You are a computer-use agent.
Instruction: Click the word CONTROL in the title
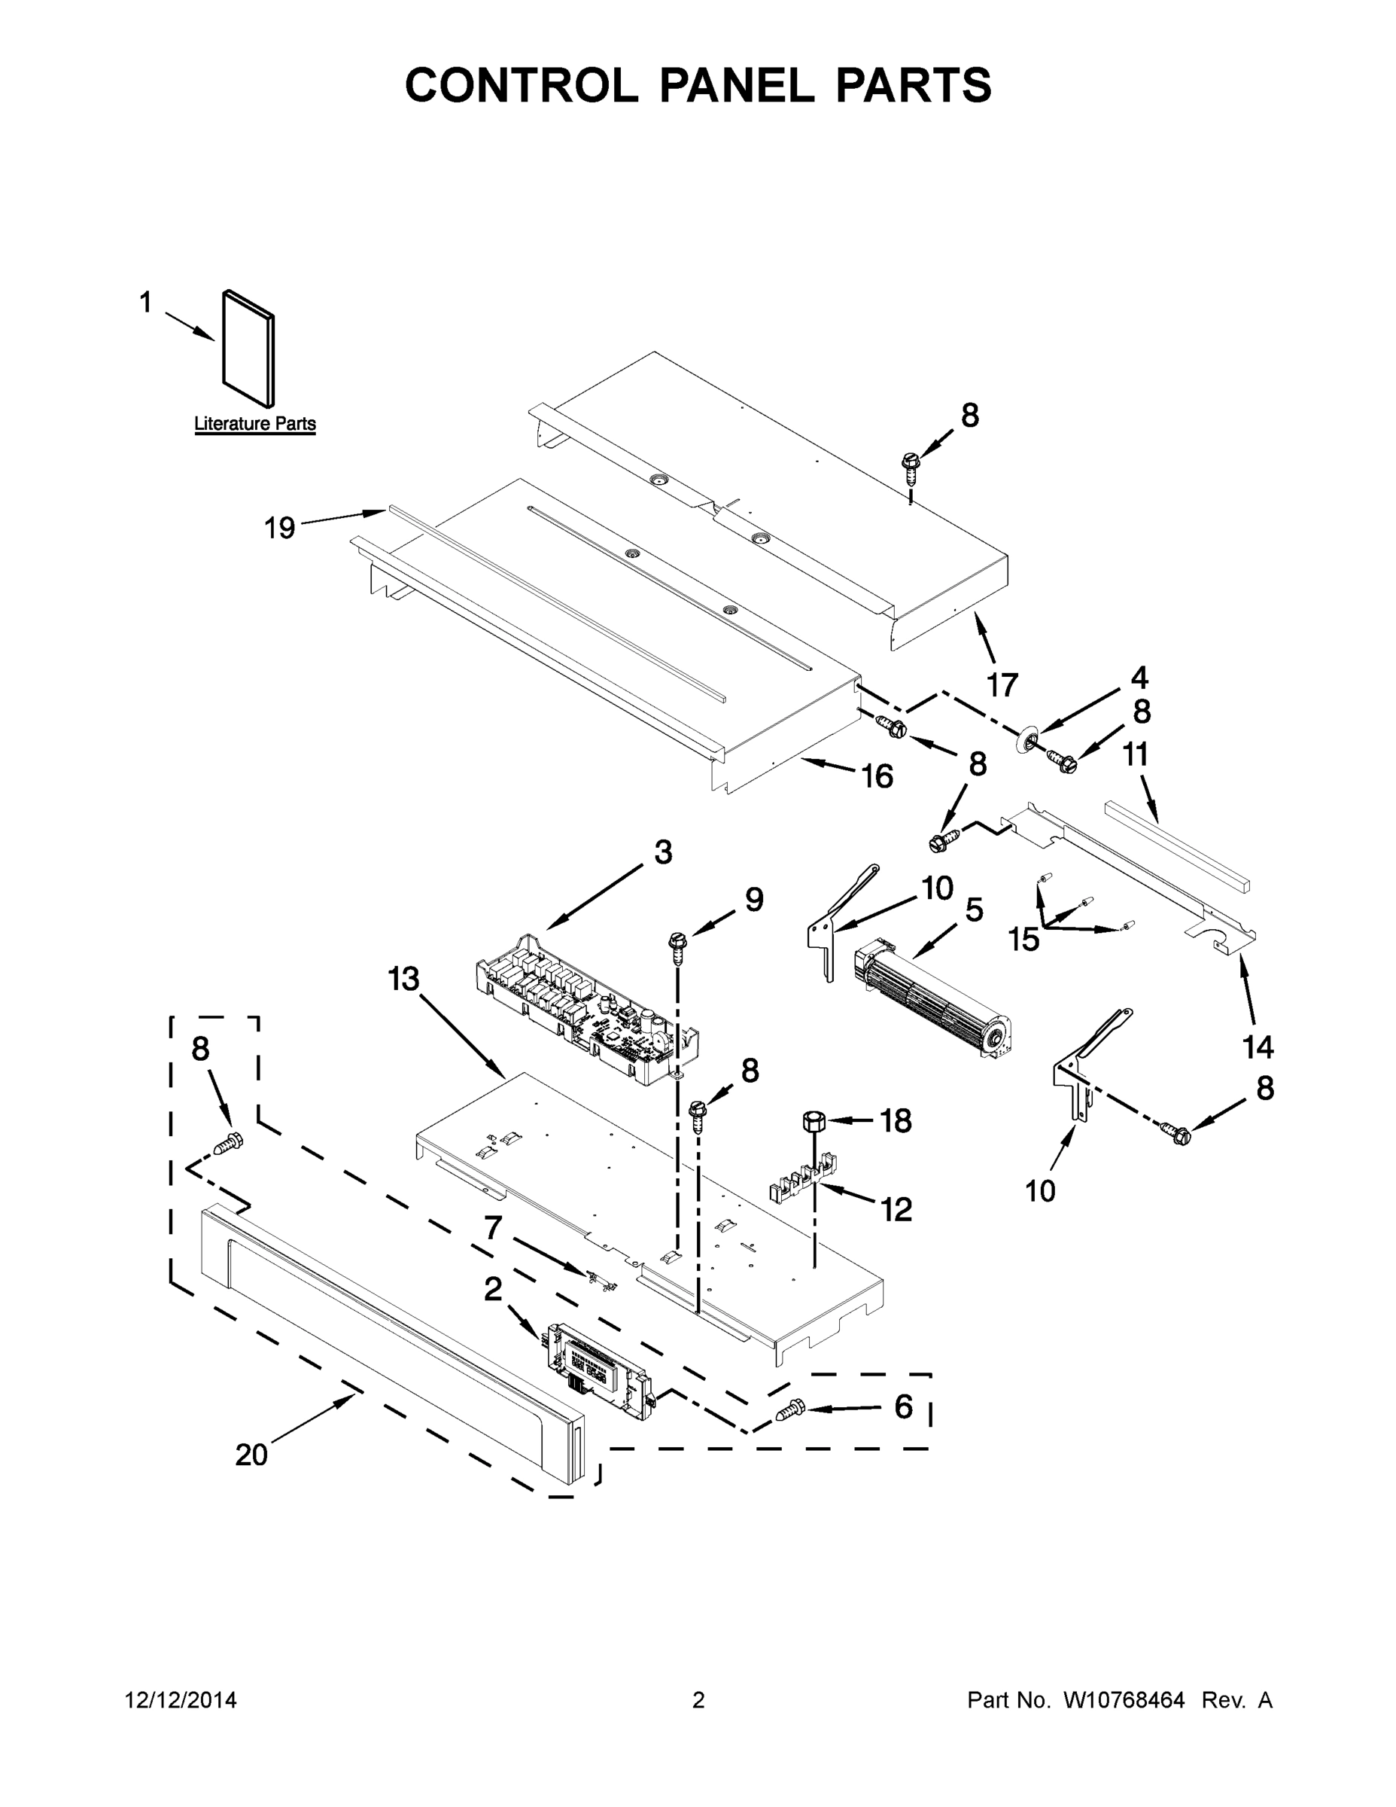[521, 85]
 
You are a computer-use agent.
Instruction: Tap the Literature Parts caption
[254, 424]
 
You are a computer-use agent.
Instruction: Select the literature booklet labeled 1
[248, 349]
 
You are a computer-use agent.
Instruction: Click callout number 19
[279, 527]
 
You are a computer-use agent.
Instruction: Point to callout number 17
[1002, 685]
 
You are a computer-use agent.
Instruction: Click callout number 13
[404, 979]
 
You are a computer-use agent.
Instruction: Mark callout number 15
[1023, 938]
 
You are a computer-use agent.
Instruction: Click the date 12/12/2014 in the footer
[181, 1700]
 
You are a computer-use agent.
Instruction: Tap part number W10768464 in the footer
[1123, 1700]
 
